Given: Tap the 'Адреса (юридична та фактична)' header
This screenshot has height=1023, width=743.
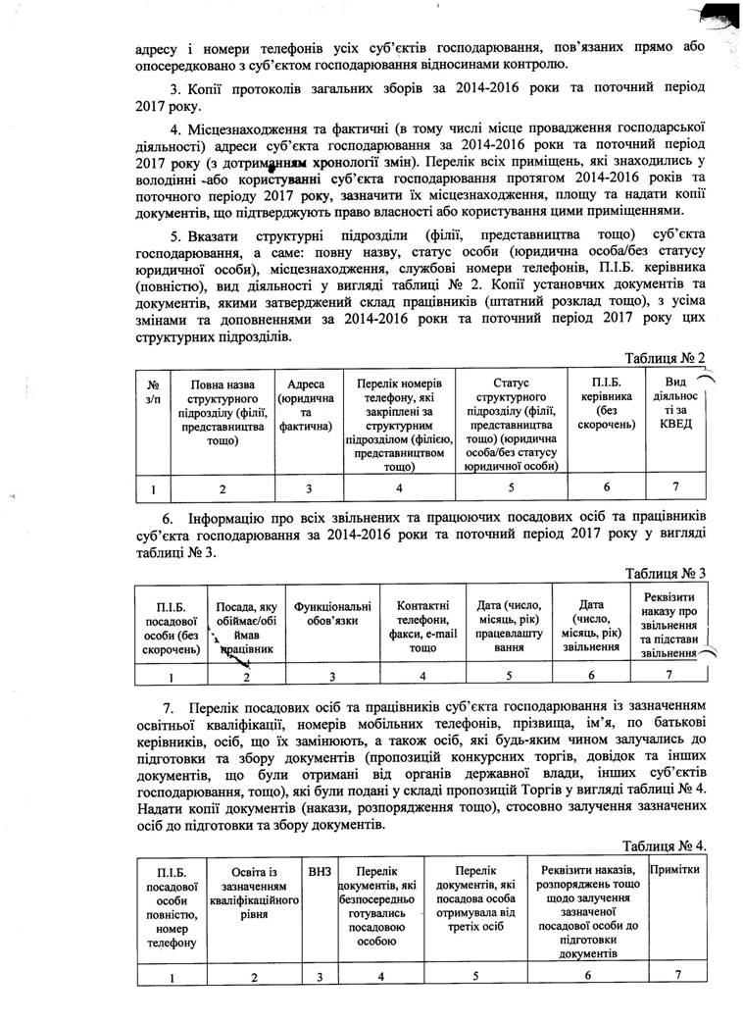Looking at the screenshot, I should [308, 406].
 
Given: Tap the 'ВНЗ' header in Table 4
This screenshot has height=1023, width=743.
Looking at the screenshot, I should [320, 870].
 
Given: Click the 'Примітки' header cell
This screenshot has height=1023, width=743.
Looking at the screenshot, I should [673, 870].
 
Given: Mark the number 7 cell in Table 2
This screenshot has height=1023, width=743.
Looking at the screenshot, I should [675, 487].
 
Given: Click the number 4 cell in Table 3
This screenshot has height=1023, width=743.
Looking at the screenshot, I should [422, 675].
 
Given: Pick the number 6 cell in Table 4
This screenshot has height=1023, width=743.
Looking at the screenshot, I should [587, 975].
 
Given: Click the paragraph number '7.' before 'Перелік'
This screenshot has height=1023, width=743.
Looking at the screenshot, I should [169, 706].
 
